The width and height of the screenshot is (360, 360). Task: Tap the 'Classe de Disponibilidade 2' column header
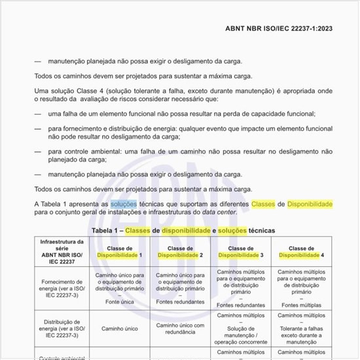[179, 252]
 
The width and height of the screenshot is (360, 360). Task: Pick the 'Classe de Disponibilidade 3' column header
[242, 252]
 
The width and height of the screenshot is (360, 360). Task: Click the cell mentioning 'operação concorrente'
[242, 331]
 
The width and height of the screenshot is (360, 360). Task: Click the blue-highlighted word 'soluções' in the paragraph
[124, 204]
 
